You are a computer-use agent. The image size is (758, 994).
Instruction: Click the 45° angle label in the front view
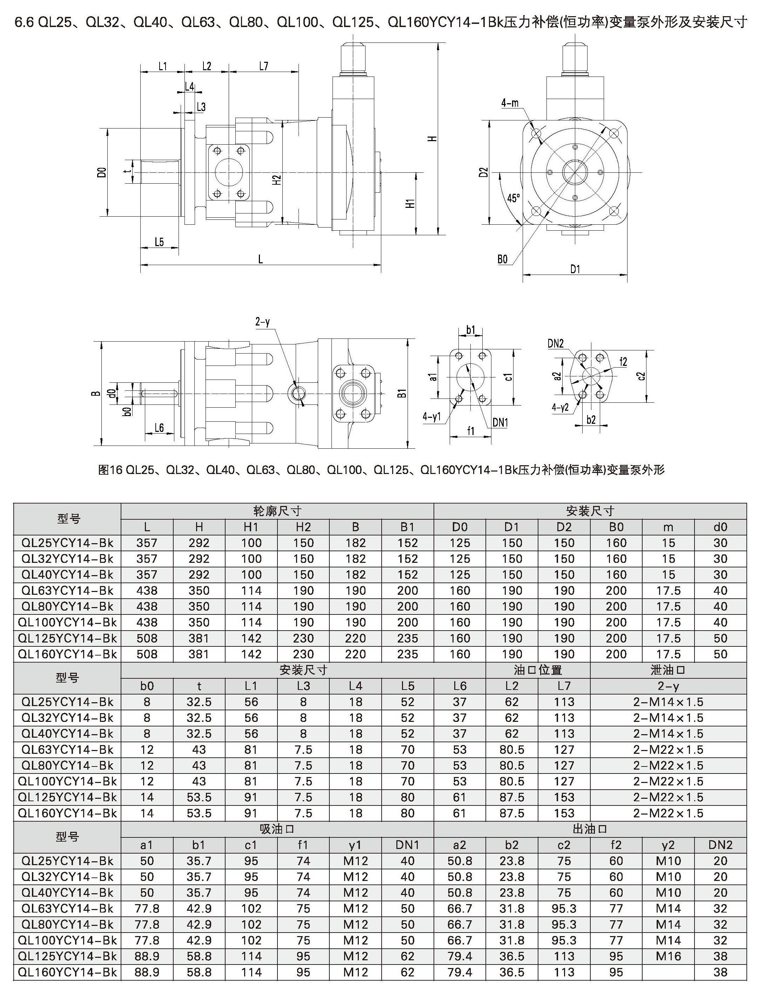pos(514,198)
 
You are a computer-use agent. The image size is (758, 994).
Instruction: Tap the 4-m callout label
pos(510,103)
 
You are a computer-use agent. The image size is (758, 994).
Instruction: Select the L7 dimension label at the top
pos(264,66)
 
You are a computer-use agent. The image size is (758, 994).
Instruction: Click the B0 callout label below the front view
pos(503,259)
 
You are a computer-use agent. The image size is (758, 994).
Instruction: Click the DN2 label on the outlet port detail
pos(556,343)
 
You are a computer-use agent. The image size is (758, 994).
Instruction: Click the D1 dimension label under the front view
pos(575,270)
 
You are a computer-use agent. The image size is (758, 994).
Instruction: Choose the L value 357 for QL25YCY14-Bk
pos(147,543)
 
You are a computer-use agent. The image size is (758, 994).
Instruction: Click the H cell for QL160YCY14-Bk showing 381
pos(199,654)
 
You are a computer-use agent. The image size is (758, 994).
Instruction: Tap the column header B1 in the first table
pos(408,527)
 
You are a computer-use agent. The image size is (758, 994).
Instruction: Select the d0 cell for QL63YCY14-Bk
pos(720,591)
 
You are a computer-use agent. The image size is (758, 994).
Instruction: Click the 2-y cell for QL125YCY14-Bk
pos(668,797)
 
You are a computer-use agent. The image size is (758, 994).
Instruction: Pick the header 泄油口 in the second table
pos(668,670)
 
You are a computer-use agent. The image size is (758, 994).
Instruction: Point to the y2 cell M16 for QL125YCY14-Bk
pos(668,956)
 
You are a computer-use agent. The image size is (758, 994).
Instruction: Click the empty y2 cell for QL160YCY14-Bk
pos(668,972)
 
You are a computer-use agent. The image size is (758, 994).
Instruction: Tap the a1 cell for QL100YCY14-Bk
pos(147,940)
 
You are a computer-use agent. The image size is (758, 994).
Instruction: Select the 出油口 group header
pos(590,829)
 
